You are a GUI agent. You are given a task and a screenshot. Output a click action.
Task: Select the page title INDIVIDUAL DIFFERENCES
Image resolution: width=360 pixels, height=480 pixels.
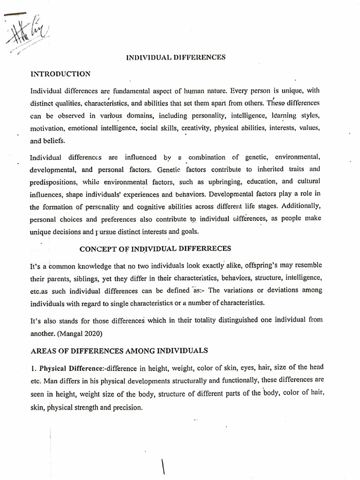click(x=176, y=58)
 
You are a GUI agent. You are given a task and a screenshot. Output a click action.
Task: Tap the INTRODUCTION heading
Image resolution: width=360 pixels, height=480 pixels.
click(x=60, y=74)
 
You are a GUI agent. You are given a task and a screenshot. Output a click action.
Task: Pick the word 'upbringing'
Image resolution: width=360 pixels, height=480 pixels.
click(x=239, y=181)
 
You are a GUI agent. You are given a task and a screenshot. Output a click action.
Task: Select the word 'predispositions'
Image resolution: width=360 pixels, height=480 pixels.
click(x=52, y=181)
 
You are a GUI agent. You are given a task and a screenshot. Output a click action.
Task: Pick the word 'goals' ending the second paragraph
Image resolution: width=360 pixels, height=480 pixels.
click(x=189, y=231)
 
